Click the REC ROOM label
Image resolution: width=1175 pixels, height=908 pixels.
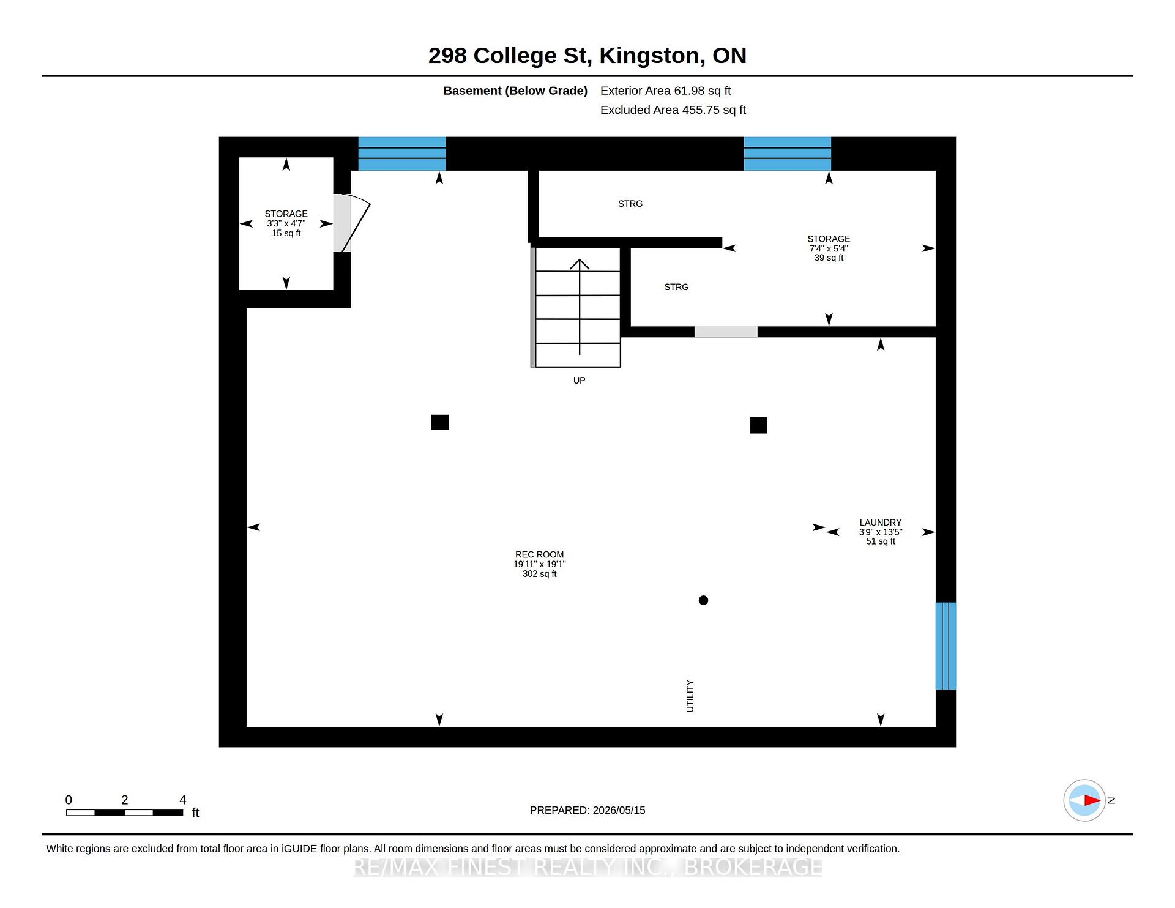click(539, 554)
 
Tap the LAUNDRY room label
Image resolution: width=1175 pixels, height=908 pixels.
click(880, 522)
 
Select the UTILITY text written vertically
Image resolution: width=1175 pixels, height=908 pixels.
click(690, 696)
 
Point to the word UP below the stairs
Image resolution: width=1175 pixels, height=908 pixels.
click(579, 380)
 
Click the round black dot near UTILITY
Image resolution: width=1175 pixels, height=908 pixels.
click(703, 600)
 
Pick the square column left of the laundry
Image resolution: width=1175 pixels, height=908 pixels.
click(758, 425)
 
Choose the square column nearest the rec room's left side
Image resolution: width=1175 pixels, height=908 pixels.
click(440, 422)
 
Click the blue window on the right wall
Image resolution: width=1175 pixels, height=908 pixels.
click(946, 646)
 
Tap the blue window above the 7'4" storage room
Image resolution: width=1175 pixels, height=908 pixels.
click(787, 154)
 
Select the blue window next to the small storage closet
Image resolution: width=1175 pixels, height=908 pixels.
click(401, 154)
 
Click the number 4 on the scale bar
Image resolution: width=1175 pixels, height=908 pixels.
click(182, 800)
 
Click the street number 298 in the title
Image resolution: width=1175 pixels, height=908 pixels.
click(447, 56)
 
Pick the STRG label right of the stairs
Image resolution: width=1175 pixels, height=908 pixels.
click(676, 286)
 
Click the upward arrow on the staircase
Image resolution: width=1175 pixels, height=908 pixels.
click(580, 307)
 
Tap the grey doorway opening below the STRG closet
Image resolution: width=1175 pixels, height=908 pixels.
click(726, 332)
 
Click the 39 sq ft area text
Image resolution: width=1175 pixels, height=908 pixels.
click(829, 258)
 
